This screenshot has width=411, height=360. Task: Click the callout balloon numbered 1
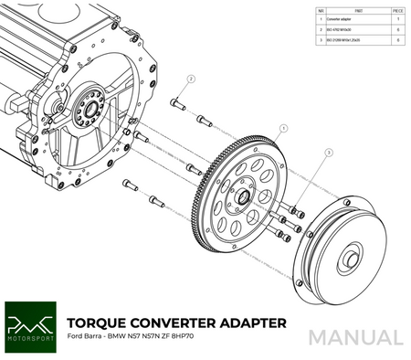click(285, 130)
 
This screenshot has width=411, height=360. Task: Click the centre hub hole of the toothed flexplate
click(246, 196)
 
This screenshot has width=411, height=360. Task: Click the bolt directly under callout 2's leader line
click(178, 106)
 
